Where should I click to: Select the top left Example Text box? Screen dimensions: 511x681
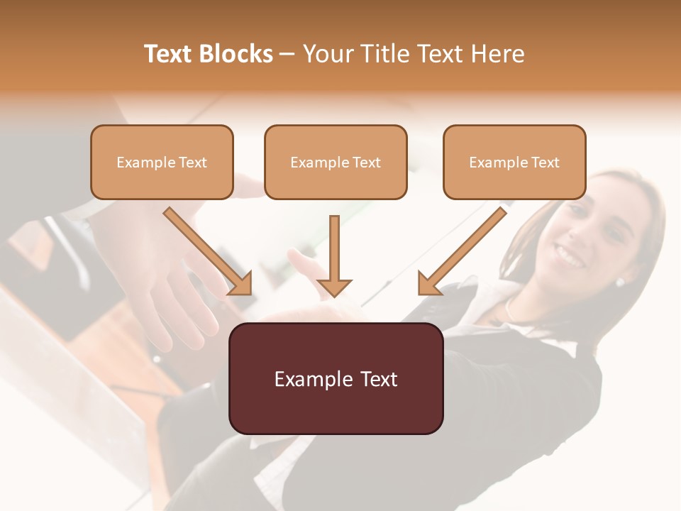pos(162,162)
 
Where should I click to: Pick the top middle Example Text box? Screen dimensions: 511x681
pos(336,162)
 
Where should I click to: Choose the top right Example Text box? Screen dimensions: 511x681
pos(514,162)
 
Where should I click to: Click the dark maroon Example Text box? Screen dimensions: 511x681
pos(336,378)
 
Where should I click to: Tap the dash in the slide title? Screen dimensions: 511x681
pos(287,55)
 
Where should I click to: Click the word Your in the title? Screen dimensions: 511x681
pos(328,54)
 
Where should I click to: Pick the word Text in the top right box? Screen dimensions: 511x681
pos(545,163)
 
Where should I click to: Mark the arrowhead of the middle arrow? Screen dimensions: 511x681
pos(334,287)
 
